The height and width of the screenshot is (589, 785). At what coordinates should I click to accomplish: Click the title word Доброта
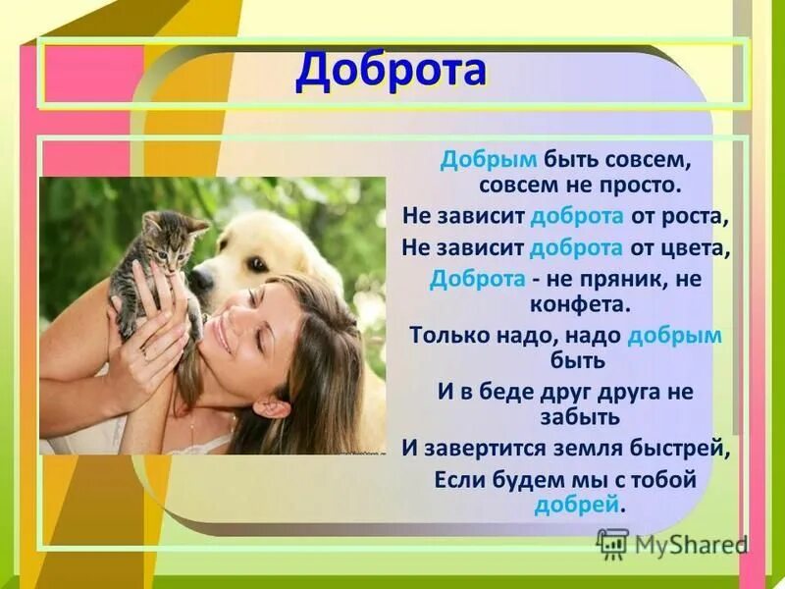(x=391, y=71)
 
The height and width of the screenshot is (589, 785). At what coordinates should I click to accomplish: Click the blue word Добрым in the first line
(x=475, y=160)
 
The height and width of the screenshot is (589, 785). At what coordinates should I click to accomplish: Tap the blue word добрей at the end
(x=577, y=505)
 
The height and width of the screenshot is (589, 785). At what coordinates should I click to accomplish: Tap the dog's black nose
(x=201, y=280)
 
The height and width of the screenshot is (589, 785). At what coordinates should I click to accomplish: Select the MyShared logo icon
(x=612, y=543)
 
